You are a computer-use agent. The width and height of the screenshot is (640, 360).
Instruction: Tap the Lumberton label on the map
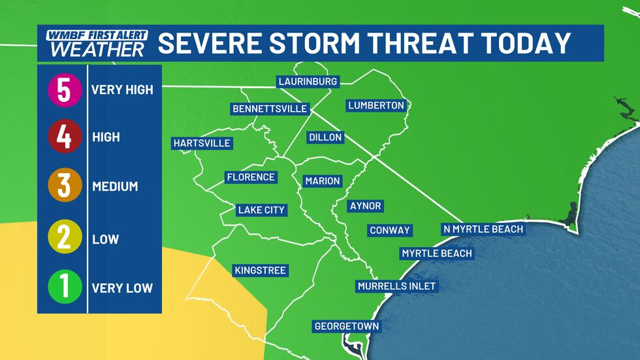[x=376, y=105]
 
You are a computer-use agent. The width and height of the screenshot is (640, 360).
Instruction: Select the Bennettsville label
[x=269, y=108]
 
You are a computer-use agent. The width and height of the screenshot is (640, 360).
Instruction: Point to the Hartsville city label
[x=202, y=142]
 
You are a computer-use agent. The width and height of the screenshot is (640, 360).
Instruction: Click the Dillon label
[x=325, y=137]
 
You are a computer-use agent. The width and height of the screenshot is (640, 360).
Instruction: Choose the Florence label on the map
[x=251, y=177]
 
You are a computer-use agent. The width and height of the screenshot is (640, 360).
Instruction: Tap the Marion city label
[x=323, y=180]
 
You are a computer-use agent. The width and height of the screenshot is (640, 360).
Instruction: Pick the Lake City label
[x=261, y=210]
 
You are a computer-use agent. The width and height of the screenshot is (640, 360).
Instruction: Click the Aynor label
[x=365, y=206]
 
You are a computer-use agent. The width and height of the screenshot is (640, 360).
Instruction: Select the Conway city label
[x=390, y=230]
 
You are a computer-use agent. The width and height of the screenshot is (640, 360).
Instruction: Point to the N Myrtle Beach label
[x=483, y=229]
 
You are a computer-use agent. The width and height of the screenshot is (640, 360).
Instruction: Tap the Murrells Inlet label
[x=396, y=286]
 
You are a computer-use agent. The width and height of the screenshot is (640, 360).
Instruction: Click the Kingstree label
[x=260, y=270]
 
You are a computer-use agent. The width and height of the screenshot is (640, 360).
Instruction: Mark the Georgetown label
[x=346, y=326]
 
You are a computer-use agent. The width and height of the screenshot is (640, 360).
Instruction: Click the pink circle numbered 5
[x=63, y=90]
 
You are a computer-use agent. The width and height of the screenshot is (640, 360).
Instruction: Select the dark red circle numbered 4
[x=63, y=137]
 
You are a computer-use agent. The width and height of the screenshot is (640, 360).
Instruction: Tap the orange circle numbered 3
[x=63, y=186]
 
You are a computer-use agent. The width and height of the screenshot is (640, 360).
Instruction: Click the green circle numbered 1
[x=63, y=287]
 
